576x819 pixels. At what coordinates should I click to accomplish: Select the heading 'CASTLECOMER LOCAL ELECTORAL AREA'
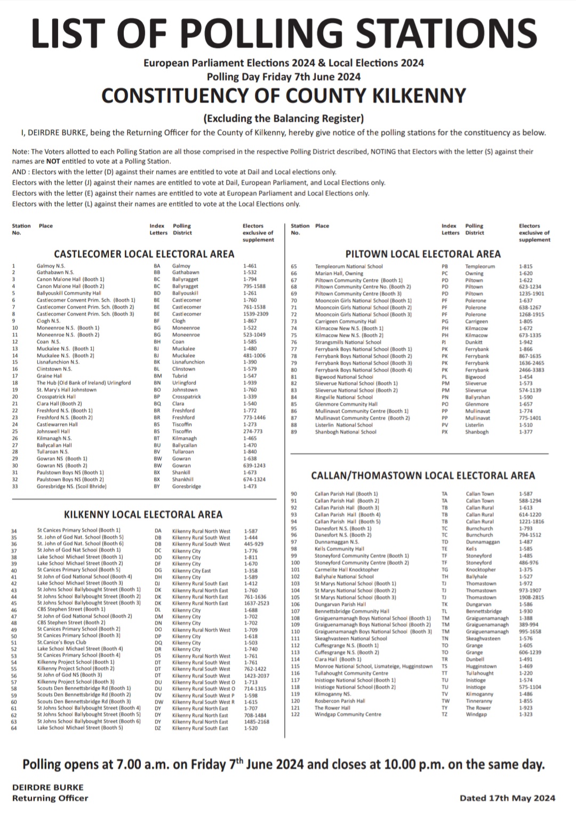[x=144, y=253]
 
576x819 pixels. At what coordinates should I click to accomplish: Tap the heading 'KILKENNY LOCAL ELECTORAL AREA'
[x=143, y=514]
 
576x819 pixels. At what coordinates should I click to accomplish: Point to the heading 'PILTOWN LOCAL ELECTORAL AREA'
[x=423, y=253]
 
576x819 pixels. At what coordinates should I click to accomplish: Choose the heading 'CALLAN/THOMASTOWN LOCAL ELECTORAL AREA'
[x=422, y=475]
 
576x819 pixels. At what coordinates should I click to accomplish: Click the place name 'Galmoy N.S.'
[x=50, y=266]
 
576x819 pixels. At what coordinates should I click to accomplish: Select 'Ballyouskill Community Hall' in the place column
[x=69, y=293]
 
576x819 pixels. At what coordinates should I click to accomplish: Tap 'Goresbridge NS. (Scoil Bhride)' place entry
[x=71, y=486]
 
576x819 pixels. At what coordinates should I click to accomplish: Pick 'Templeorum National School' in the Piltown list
[x=349, y=266]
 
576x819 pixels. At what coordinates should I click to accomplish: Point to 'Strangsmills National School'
[x=348, y=342]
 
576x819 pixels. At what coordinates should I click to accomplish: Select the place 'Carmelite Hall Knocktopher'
[x=347, y=570]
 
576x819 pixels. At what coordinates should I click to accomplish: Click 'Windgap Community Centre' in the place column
[x=348, y=714]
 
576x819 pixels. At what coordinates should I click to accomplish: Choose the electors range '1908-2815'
[x=531, y=598]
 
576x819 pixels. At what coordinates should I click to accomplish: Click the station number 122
[x=295, y=714]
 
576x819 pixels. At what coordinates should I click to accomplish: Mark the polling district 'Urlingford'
[x=185, y=383]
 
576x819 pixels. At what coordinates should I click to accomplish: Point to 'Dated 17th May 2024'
[x=507, y=798]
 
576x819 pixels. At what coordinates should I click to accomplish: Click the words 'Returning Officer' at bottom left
[x=50, y=798]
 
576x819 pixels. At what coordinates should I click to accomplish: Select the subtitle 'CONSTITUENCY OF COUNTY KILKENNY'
[x=284, y=96]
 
